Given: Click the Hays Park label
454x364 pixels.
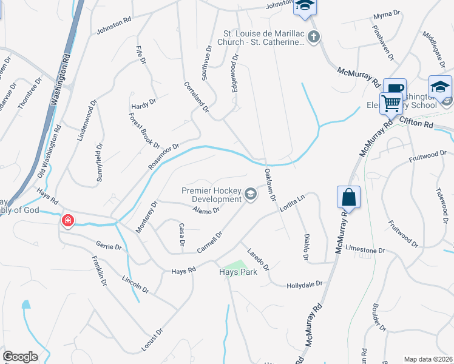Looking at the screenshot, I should pos(239,272).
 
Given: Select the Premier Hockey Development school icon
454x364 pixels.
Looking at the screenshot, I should pos(251,194).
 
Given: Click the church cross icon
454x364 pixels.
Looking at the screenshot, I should pos(313,38).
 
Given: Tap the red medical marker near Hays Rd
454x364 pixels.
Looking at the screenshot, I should pos(67,220).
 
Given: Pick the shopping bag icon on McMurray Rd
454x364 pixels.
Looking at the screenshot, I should pos(348,197).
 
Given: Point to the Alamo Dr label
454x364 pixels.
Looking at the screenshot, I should pos(205,211).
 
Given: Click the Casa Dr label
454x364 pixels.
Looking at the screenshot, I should pos(181,234).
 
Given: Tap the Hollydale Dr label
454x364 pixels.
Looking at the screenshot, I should pos(303,284).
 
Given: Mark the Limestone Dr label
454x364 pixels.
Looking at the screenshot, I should pos(365,250).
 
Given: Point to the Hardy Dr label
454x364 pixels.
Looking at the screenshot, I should pos(144,105).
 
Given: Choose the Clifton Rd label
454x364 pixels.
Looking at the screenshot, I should pos(416,124).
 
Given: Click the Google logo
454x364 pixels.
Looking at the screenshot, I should pos(20,357).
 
